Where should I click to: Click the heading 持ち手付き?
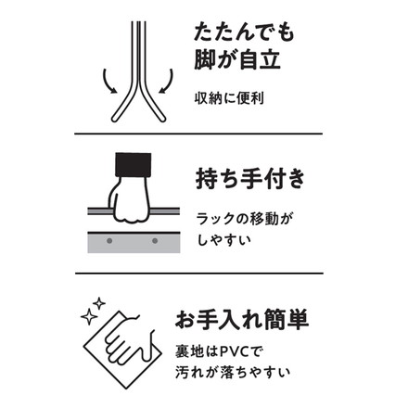[x=246, y=178]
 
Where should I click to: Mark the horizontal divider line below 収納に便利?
[x=204, y=133]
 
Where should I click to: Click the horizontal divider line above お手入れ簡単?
[x=204, y=273]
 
